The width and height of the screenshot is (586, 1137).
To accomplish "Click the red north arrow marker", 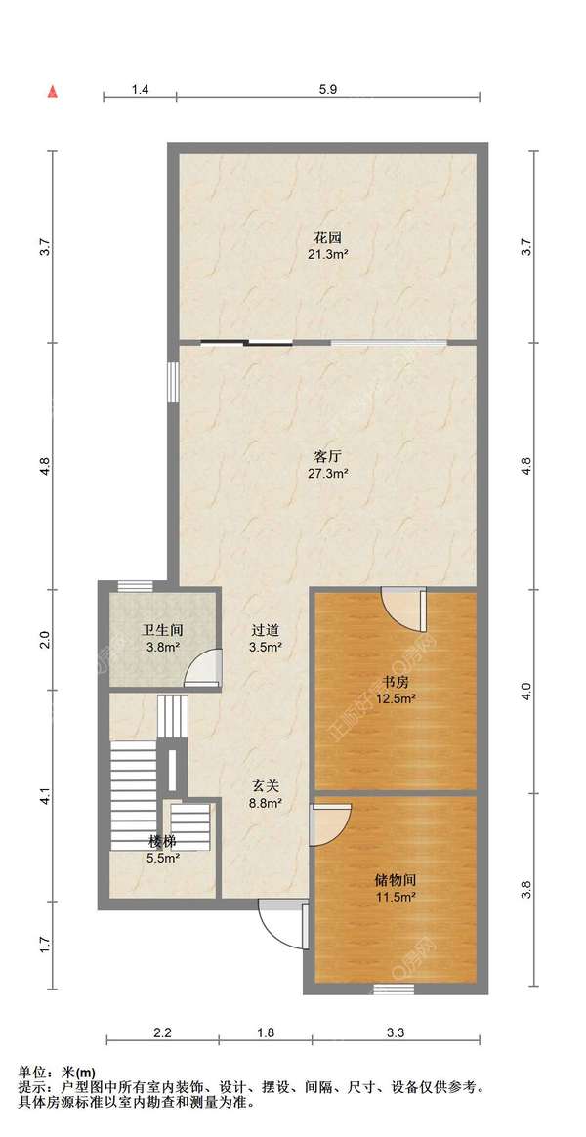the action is click(52, 92).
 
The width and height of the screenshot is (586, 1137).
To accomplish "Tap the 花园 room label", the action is click(327, 237).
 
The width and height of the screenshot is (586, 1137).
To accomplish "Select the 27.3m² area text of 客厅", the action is click(329, 473).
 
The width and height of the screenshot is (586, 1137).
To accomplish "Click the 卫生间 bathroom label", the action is click(160, 630).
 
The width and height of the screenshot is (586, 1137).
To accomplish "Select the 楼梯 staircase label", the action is click(163, 842).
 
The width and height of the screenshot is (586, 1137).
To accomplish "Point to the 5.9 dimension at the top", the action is click(328, 89).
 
